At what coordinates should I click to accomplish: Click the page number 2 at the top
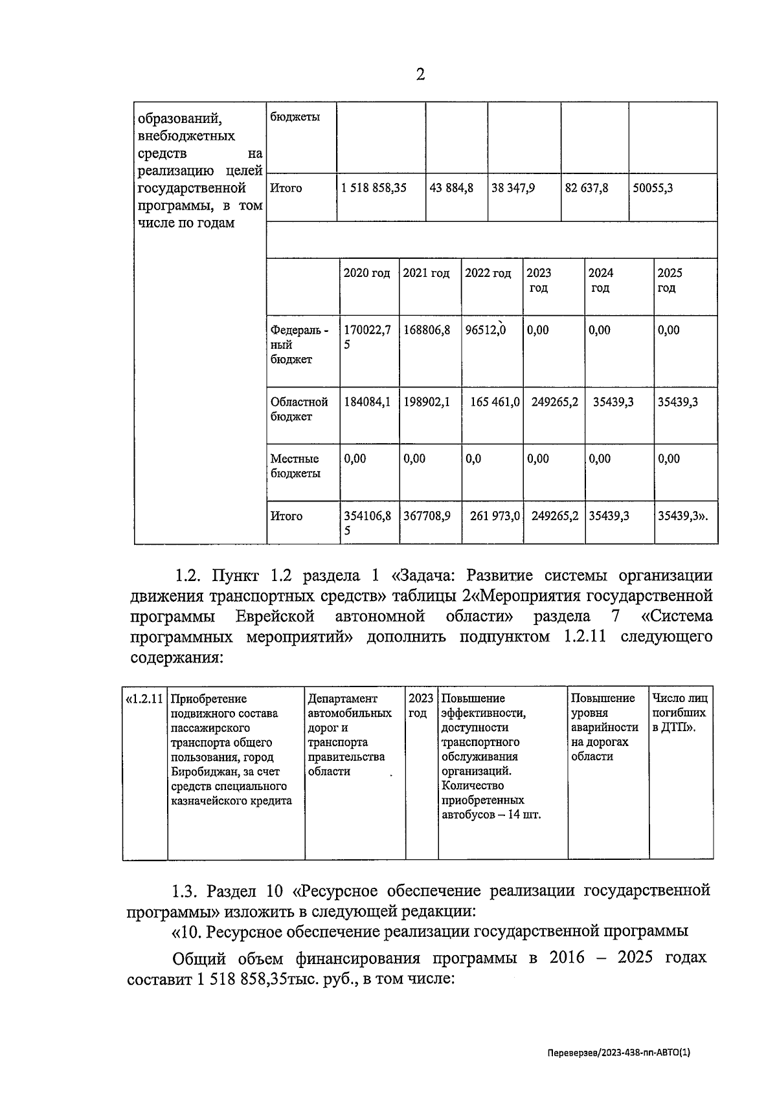point(420,76)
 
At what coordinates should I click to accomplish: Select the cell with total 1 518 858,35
point(374,188)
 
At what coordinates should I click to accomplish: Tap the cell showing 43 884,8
point(451,188)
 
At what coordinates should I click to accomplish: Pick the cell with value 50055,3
point(652,188)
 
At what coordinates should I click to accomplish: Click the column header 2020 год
point(366,274)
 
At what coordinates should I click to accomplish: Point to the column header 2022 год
point(488,274)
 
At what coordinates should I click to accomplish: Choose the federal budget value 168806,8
point(427,330)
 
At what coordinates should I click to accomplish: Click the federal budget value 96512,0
point(486,330)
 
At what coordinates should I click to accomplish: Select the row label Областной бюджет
point(299,409)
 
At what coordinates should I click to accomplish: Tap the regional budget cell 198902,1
point(427,402)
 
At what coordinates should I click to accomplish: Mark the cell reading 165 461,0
point(495,402)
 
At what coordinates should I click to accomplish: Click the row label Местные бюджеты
point(295,466)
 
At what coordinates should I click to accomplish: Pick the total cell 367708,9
point(427,516)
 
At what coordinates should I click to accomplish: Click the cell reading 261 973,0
point(495,516)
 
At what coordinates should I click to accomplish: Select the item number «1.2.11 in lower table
point(144,699)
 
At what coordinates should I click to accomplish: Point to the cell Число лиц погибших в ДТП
point(679,713)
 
